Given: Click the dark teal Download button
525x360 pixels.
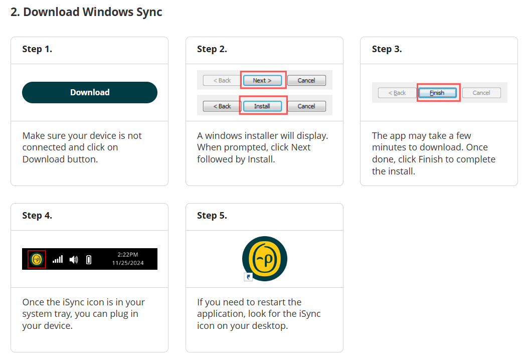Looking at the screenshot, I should click(x=90, y=92).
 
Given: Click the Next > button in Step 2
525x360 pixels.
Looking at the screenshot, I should click(x=262, y=80).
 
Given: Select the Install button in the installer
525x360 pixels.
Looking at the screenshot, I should click(x=262, y=106).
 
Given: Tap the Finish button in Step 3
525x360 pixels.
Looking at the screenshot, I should click(x=437, y=93).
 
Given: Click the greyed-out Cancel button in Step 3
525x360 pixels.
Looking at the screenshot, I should click(x=481, y=93).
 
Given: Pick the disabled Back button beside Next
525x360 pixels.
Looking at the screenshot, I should click(x=222, y=80).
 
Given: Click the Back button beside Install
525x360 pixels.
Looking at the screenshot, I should click(x=222, y=106).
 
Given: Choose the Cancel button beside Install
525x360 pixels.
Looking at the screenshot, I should click(x=306, y=106).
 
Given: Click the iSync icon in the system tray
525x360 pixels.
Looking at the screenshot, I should click(x=37, y=259).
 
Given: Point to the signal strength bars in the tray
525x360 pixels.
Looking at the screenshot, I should click(x=58, y=259).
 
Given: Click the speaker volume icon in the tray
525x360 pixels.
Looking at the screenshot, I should click(x=74, y=259).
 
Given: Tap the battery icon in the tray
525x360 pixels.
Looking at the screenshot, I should click(x=89, y=259).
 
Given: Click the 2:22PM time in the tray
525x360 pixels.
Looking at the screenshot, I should click(x=128, y=255).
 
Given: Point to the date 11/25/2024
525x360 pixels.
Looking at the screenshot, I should click(x=128, y=263).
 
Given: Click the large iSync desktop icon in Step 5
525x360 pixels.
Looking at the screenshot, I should click(x=265, y=259).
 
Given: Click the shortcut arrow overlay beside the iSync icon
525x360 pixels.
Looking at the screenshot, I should click(x=248, y=277).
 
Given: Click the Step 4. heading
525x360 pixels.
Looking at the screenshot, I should click(x=37, y=216).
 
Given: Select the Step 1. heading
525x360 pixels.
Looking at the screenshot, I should click(x=37, y=49).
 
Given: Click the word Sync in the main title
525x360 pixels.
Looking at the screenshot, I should click(x=148, y=12).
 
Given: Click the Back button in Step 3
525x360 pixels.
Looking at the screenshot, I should click(x=397, y=93).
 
